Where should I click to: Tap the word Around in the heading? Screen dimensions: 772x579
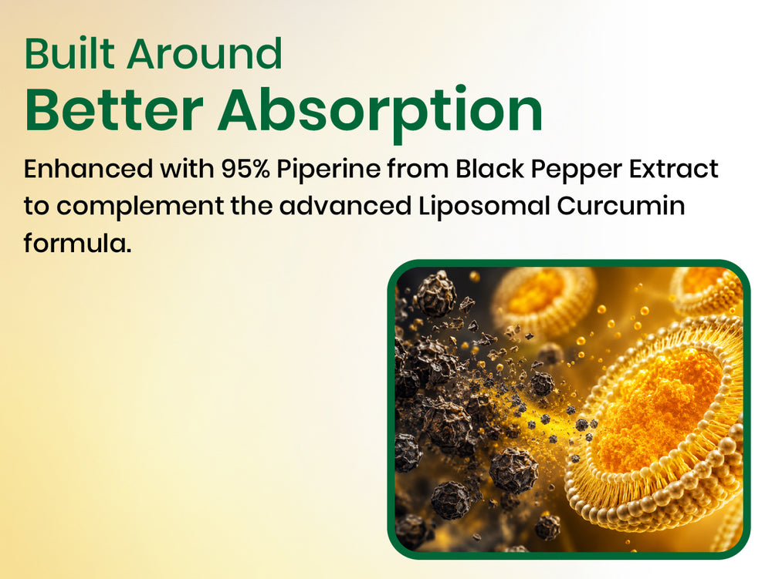click(205, 53)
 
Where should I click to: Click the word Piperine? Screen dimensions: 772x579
click(328, 170)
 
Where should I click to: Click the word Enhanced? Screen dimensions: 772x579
click(88, 169)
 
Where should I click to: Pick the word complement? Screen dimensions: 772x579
click(140, 207)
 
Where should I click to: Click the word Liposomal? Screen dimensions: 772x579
click(484, 207)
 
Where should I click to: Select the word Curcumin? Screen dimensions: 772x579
click(621, 205)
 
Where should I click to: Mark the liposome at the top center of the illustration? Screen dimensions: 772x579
click(542, 300)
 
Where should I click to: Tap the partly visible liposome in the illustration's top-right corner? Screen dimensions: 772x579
click(708, 290)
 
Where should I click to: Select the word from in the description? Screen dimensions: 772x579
click(418, 169)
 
